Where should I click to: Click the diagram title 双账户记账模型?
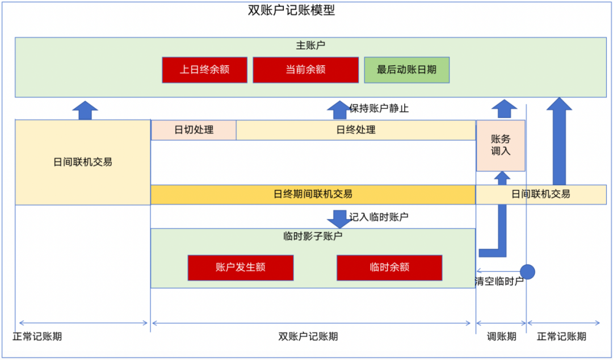tap(291, 10)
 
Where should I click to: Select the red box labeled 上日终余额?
tap(204, 70)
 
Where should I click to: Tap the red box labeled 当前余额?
tap(305, 70)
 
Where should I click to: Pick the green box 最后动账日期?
tap(406, 70)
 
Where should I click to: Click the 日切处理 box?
tap(194, 129)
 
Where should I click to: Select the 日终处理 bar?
tap(356, 129)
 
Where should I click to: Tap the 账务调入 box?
tap(501, 145)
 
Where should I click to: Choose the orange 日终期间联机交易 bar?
tap(313, 194)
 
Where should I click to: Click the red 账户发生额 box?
tap(241, 267)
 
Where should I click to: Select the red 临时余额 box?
tap(389, 267)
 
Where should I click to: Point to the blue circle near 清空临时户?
tap(528, 271)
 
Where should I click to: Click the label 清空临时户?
tap(499, 281)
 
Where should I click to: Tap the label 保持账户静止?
tap(379, 108)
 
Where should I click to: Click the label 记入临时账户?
tap(379, 216)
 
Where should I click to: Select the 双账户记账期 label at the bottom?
tap(308, 336)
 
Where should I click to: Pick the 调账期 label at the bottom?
tap(502, 336)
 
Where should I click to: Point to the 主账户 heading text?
tap(310, 45)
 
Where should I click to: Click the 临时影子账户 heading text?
tap(313, 236)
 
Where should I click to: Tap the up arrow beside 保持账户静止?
tap(339, 110)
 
